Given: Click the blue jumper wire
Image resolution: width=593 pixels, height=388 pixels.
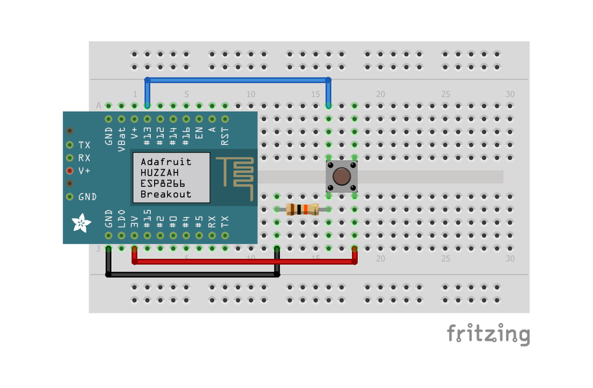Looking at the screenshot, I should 237,80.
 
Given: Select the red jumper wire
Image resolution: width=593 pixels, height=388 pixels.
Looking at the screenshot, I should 243,262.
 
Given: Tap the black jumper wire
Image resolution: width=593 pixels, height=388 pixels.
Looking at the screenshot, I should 191,274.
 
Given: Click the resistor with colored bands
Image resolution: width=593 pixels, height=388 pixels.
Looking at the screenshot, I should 302,210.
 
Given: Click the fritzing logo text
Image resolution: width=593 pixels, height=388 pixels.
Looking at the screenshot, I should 488,335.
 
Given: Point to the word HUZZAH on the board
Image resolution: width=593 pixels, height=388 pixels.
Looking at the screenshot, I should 159,173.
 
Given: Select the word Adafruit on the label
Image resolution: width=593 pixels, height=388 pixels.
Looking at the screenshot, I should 166,162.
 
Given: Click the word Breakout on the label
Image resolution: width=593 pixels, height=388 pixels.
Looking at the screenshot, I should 166,194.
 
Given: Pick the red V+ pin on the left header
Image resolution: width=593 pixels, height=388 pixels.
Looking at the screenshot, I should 70,171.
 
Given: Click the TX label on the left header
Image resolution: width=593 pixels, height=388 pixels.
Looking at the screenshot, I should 85,145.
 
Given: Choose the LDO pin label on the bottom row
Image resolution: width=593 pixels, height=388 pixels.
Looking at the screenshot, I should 122,219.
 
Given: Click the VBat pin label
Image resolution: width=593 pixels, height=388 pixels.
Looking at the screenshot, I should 122,139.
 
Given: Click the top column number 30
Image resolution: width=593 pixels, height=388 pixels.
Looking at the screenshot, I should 510,94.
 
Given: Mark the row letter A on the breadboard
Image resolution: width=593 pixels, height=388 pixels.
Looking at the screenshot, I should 98,105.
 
